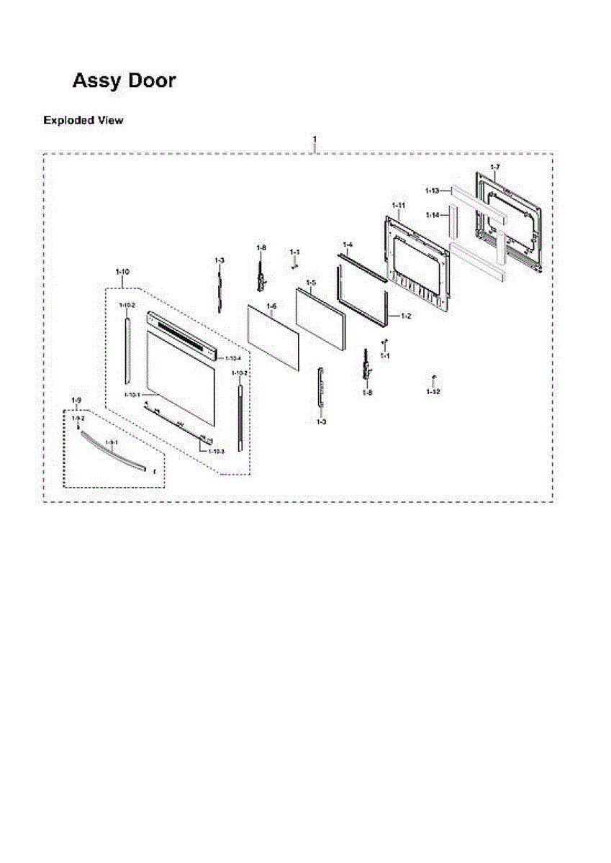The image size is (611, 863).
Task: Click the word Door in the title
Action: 152,81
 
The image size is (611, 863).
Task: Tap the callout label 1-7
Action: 494,167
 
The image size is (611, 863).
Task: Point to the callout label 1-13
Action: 432,191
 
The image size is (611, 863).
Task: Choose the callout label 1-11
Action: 398,206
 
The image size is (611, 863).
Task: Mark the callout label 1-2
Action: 407,316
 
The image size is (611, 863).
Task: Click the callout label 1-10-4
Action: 232,357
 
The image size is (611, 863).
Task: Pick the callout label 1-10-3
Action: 216,451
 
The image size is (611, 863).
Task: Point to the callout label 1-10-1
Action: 132,395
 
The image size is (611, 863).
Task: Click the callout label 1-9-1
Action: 112,442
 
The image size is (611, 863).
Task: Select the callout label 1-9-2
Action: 78,418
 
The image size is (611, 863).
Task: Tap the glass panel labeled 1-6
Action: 273,337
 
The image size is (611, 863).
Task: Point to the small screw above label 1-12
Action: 433,378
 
